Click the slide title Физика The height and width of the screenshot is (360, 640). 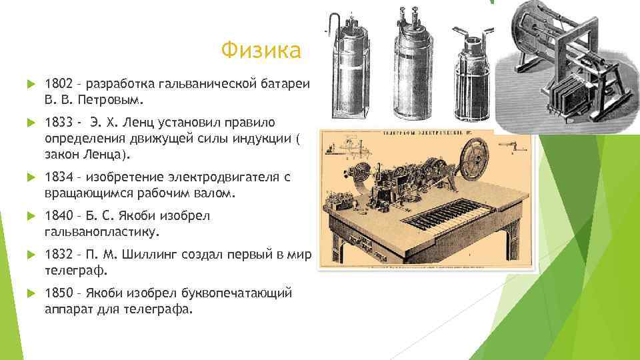tap(261, 50)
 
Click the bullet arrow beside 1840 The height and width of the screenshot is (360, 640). tap(29, 217)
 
